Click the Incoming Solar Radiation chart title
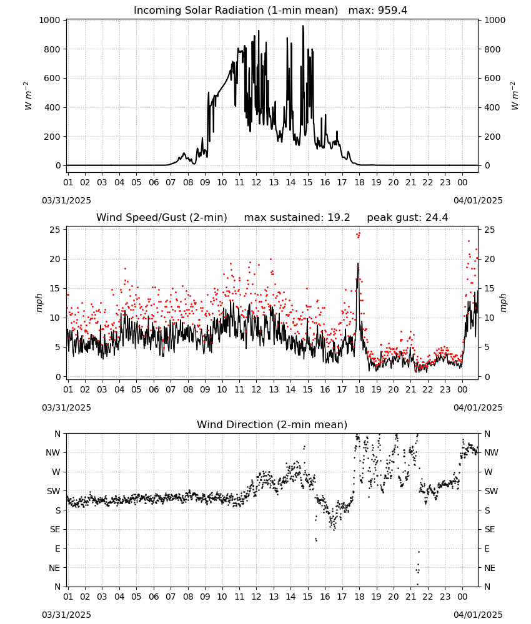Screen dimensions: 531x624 pos(236,11)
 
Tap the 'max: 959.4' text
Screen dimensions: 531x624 pos(378,11)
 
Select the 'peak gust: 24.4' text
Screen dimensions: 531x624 pos(407,218)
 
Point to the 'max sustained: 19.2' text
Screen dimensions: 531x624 pos(297,218)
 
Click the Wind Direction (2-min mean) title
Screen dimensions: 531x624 pos(272,424)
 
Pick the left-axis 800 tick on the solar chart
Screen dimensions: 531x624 pos(52,49)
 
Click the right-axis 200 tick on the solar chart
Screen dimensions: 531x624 pos(492,137)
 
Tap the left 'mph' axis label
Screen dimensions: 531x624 pos(39,303)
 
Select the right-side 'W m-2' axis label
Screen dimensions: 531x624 pos(514,96)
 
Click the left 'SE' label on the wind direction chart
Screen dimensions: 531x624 pos(55,529)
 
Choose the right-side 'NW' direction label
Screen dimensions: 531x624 pos(491,452)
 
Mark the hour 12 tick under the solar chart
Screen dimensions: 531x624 pos(256,182)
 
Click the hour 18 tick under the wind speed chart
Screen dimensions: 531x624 pos(359,389)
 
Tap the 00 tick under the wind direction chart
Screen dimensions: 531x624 pos(462,597)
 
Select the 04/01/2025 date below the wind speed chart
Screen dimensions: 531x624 pos(478,407)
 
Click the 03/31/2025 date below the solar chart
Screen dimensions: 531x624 pos(66,200)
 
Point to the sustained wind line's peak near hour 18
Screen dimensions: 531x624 pos(358,263)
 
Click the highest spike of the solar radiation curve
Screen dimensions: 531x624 pos(303,26)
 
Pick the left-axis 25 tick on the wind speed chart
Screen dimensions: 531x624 pos(56,230)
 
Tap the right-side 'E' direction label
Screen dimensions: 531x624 pos(487,548)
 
